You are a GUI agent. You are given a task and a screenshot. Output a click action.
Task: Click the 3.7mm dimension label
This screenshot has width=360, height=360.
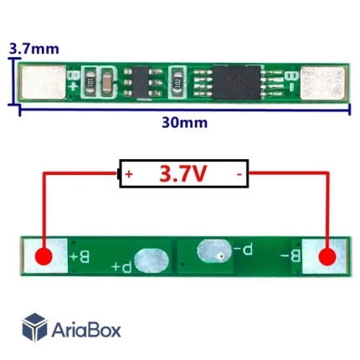(x=34, y=49)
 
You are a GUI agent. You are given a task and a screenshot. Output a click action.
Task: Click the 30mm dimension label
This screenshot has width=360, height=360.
(x=185, y=122)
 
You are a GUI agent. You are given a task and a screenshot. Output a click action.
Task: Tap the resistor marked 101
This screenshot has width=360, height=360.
(x=90, y=82)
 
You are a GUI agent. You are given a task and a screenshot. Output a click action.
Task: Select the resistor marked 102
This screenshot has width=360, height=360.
(x=177, y=82)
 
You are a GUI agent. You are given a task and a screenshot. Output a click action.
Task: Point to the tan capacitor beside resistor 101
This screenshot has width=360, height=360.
(x=107, y=82)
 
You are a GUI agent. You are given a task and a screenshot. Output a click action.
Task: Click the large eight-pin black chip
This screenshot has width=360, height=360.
(x=237, y=82)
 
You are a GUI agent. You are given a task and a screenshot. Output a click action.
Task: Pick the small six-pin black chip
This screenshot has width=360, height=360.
(x=141, y=82)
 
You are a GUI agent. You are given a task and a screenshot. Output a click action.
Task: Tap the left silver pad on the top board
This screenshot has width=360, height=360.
(x=44, y=82)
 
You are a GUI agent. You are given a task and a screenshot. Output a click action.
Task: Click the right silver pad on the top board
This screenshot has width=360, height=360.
(x=322, y=83)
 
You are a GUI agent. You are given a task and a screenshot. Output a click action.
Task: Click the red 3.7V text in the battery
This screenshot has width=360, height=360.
(x=183, y=173)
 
